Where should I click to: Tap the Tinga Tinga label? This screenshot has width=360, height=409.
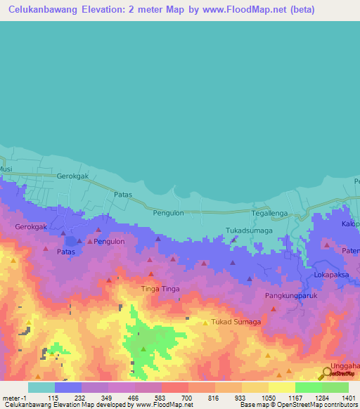pos(160,289)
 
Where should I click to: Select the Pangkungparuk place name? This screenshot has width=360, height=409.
pos(292,296)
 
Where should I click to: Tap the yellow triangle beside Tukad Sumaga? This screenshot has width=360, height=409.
pos(205,323)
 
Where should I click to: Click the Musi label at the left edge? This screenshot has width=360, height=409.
pos(6,169)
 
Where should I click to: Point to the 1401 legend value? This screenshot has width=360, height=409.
pos(349,398)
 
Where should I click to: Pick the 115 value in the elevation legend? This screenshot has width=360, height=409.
pos(51,398)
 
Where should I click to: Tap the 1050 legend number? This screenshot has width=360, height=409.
pos(269,398)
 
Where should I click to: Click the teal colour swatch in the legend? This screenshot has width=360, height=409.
pos(41,387)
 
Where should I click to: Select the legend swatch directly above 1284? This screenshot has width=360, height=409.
pos(308,387)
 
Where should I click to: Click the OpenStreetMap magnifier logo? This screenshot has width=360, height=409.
pos(328,372)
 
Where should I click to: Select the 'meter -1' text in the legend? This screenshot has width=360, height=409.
pos(15,398)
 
